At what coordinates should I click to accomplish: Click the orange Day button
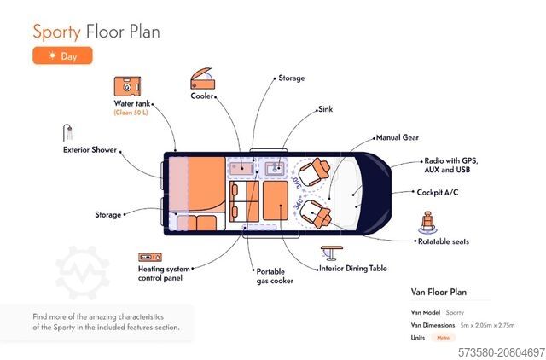62,55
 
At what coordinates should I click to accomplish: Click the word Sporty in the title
57,32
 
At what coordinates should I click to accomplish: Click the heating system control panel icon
150,256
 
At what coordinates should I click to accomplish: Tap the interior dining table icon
332,253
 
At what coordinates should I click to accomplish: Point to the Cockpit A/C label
439,192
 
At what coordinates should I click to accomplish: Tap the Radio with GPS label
451,160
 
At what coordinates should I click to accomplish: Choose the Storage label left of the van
107,215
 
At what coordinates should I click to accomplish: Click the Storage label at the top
291,78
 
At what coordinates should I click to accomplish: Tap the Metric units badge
443,338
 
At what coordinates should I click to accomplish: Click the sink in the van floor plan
275,168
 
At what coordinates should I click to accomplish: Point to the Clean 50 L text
131,113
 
